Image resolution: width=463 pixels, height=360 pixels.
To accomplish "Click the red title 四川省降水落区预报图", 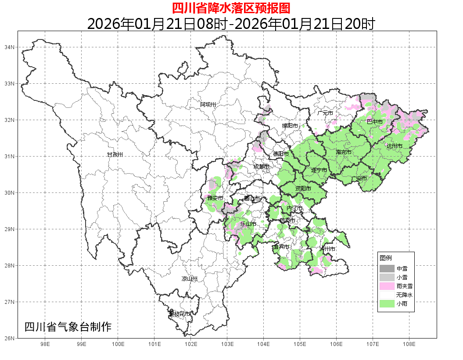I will point(231,8).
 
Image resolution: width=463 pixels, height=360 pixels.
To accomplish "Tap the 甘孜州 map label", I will point(115,155).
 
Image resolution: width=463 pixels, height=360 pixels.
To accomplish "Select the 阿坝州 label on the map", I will point(208,104).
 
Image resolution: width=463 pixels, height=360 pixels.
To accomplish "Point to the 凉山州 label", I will point(190,279).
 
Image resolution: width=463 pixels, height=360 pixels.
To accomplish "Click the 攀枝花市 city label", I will point(180,314).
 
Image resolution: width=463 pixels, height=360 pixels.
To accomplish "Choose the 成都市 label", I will point(262,167).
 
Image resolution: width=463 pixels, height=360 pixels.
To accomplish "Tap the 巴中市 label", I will point(375,121).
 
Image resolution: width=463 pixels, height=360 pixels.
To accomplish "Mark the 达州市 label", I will point(395,146).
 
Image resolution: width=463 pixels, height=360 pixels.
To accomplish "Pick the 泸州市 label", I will point(327,249).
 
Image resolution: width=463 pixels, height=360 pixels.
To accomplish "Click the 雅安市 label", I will point(215,198).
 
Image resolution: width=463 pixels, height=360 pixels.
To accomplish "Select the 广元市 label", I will point(325,113).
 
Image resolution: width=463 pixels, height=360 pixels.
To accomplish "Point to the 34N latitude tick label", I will point(9,47).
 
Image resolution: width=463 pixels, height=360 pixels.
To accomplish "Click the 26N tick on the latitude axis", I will point(9,338).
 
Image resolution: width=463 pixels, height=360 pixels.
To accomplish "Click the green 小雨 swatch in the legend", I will point(387,303).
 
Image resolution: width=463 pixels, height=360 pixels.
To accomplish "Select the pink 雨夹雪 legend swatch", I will point(387,286).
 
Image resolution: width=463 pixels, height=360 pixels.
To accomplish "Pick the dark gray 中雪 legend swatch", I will point(387,268).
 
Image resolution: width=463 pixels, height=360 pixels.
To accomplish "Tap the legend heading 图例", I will point(386,257).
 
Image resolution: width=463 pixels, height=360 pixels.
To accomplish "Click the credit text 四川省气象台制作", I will point(68,327).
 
